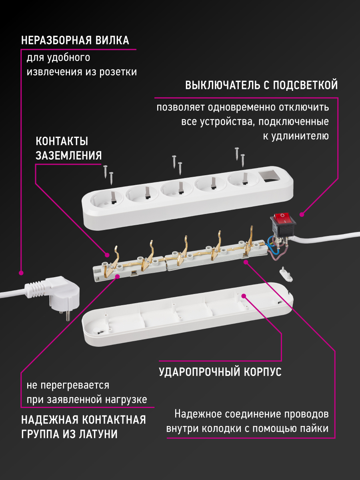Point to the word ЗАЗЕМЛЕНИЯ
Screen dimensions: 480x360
(x=68, y=156)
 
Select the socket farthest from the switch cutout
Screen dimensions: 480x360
(x=106, y=198)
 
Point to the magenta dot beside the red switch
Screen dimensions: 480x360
(x=302, y=213)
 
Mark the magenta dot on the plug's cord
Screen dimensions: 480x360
(x=21, y=273)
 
